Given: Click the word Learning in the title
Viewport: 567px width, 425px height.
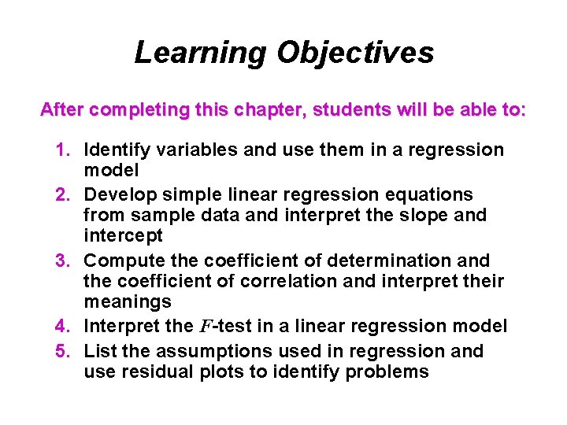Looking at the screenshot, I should coord(201,53).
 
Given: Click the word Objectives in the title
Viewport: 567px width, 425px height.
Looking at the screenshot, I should coord(354,53).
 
